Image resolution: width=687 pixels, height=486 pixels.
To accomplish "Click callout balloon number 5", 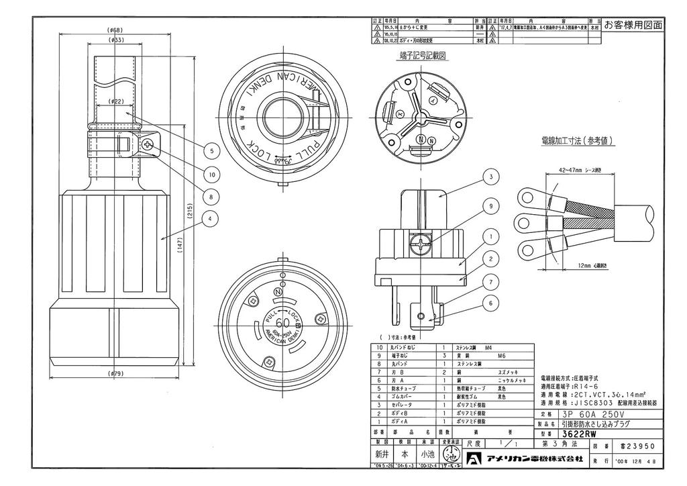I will (x=211, y=151).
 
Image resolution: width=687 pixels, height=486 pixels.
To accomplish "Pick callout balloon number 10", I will (x=211, y=175).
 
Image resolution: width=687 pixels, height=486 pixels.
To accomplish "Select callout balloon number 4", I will (x=211, y=217).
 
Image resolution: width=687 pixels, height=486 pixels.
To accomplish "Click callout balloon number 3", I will (x=491, y=177).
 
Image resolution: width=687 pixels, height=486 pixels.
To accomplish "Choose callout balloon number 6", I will (x=491, y=303).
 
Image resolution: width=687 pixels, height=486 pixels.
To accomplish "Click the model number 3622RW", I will (x=575, y=434).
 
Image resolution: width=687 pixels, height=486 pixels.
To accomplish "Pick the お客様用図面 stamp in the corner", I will (x=633, y=25).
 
